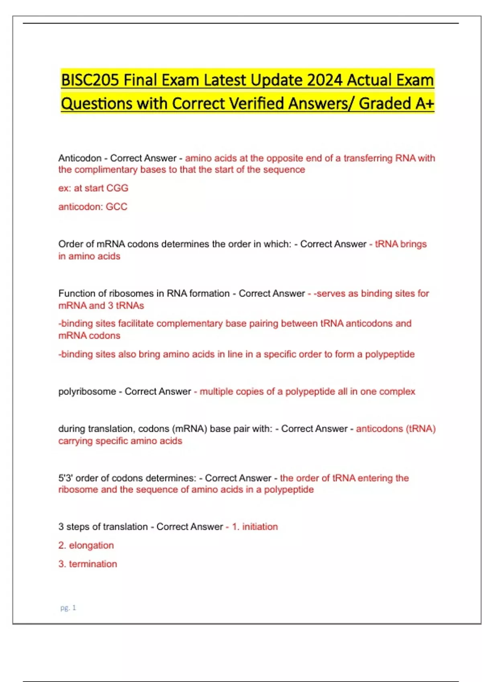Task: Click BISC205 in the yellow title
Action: point(90,80)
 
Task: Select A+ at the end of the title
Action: point(425,104)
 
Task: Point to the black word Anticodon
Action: point(80,158)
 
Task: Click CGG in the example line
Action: point(117,188)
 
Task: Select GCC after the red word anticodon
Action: point(116,207)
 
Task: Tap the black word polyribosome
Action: point(87,392)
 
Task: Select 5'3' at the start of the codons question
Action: point(65,478)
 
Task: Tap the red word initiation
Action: point(260,527)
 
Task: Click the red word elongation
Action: point(91,546)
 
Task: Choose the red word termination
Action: point(93,564)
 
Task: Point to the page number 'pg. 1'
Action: point(68,608)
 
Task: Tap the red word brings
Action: point(413,244)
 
